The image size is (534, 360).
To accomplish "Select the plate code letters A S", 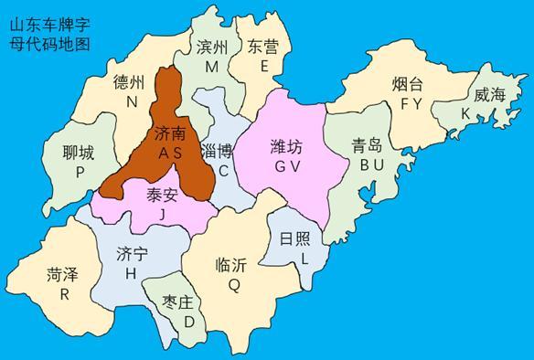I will (171, 154).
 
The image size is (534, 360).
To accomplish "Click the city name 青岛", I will (373, 145).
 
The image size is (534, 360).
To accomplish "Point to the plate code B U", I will (372, 164).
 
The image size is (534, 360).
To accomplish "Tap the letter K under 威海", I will (466, 113).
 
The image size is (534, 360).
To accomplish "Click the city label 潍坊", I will (291, 145).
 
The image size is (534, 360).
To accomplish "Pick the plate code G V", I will (291, 165).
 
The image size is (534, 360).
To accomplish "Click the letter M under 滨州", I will (212, 67).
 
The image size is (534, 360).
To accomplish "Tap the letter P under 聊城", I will (80, 172).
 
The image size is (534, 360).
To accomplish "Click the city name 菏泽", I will (64, 274).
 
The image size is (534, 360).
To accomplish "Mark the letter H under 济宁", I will (132, 273).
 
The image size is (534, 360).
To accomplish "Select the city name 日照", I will (296, 239).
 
